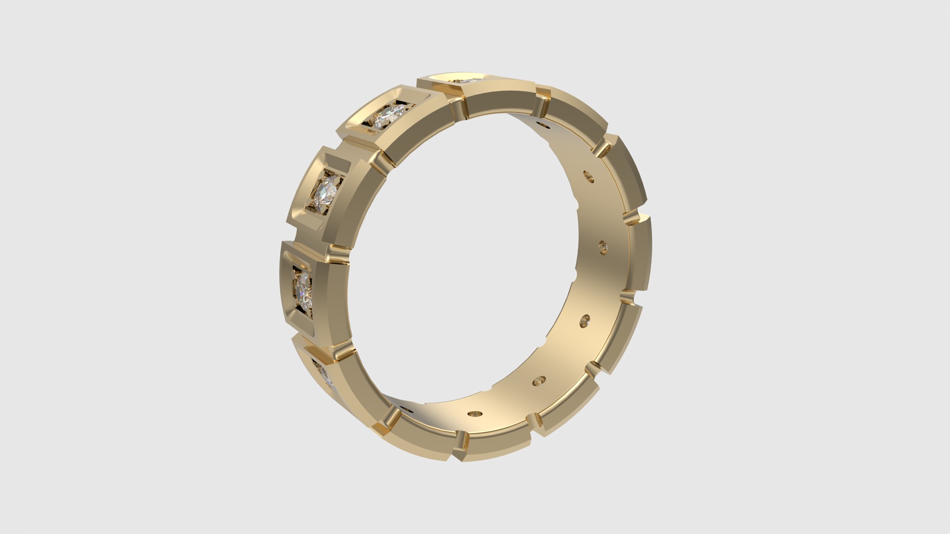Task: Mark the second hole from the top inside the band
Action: (x=588, y=176)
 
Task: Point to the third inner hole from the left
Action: (x=539, y=381)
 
